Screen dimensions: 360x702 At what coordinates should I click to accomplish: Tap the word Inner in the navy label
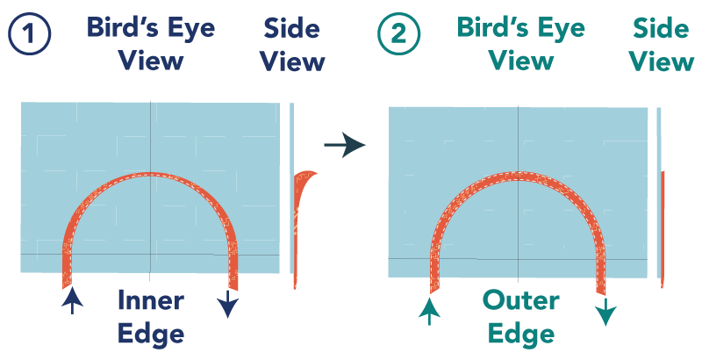pos(151,301)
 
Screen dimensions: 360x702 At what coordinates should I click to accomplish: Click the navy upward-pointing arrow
pos(74,301)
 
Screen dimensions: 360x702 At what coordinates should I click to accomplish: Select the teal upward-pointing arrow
pos(428,310)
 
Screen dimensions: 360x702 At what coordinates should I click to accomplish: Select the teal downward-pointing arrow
pos(606,311)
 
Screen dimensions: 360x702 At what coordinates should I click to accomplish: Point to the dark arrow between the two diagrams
pos(344,144)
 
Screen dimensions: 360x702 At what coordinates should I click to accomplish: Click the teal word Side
pos(661,29)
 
